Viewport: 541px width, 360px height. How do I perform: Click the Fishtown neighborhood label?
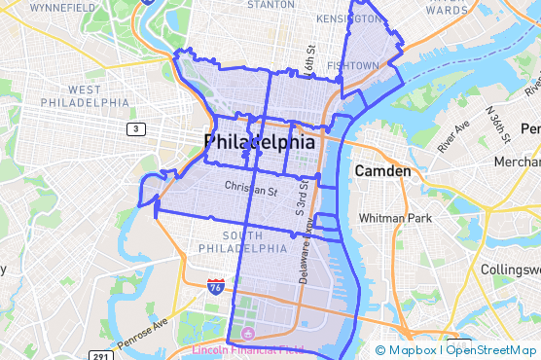pos(353,65)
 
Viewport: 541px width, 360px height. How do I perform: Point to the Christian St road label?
pos(251,186)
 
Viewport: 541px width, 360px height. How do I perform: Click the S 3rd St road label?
pos(301,196)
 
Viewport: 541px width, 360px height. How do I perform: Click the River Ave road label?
pos(453,137)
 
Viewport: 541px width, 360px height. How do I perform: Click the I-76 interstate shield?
pos(215,286)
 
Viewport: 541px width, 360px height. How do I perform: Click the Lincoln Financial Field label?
pos(248,349)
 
